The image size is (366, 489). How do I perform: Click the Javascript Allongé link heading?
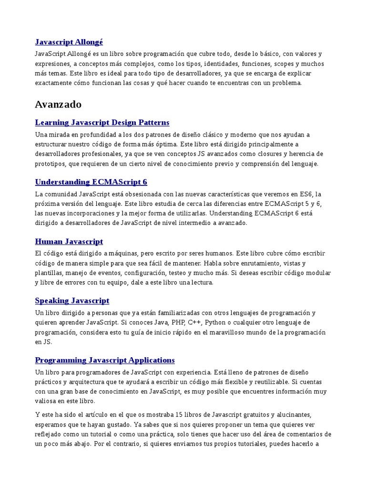click(x=69, y=42)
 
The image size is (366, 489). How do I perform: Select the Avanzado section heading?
click(x=58, y=104)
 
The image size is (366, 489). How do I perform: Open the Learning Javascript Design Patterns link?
click(x=102, y=123)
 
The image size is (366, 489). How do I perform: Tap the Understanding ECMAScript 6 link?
click(x=91, y=182)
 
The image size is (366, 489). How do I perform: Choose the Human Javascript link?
click(x=69, y=242)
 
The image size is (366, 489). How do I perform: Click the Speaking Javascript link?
click(x=72, y=301)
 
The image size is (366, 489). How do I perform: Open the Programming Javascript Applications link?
click(x=105, y=360)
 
